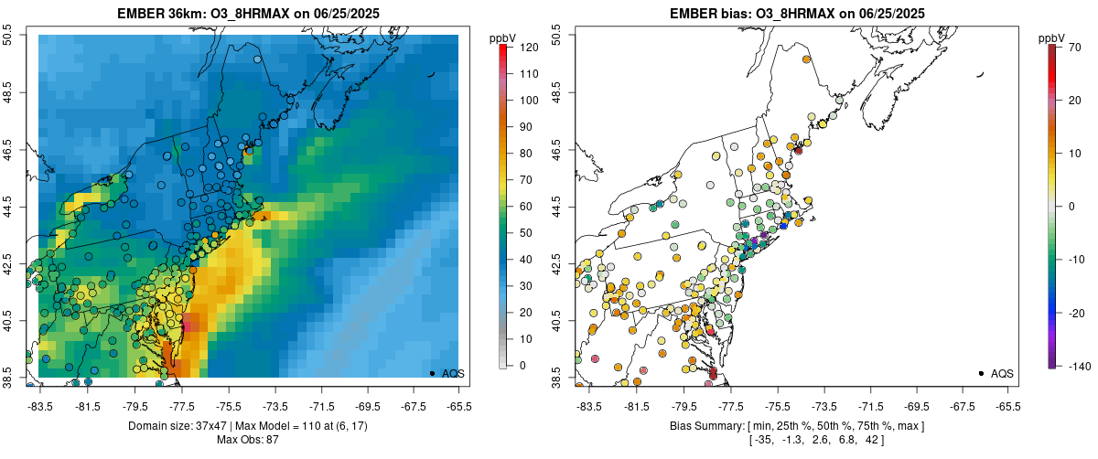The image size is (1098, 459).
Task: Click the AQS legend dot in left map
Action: (x=432, y=373)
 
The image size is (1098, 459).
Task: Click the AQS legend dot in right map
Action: (x=981, y=373)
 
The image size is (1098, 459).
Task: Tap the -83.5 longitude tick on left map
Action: (x=40, y=405)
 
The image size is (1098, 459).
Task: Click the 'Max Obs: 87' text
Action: (x=248, y=440)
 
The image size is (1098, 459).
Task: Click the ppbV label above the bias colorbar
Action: (x=1052, y=38)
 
